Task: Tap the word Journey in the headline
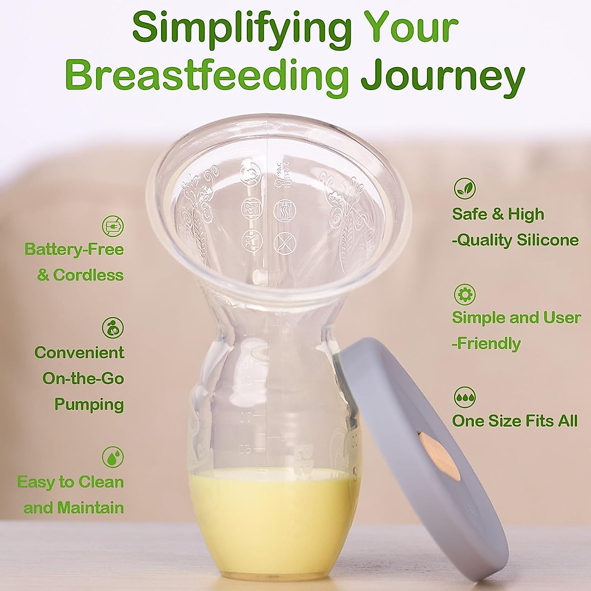click(x=442, y=76)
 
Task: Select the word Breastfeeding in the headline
click(x=207, y=76)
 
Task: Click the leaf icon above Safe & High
click(x=464, y=188)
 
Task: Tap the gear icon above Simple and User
click(x=464, y=294)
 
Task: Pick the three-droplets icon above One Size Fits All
click(x=464, y=397)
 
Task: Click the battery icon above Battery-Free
click(x=113, y=226)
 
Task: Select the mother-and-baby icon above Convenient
click(x=113, y=328)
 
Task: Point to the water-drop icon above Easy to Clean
click(x=113, y=457)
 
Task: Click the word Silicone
click(x=547, y=240)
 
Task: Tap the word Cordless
click(x=88, y=275)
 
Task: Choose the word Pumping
click(x=89, y=404)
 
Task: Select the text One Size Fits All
click(x=515, y=421)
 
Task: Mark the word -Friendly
click(x=486, y=343)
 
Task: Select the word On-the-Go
click(x=83, y=378)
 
